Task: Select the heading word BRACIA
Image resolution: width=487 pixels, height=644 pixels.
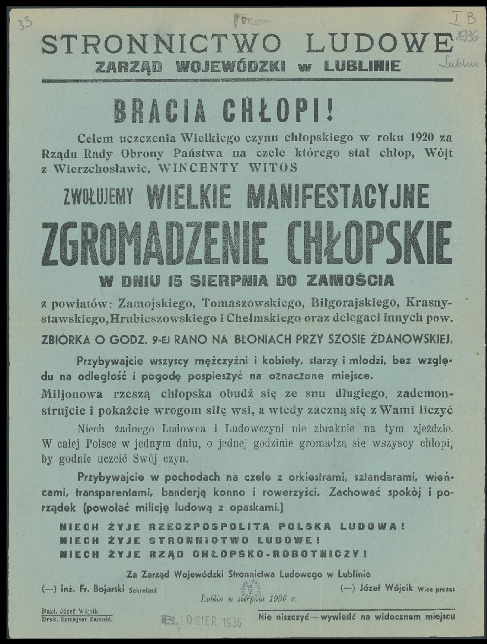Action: [160, 111]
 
